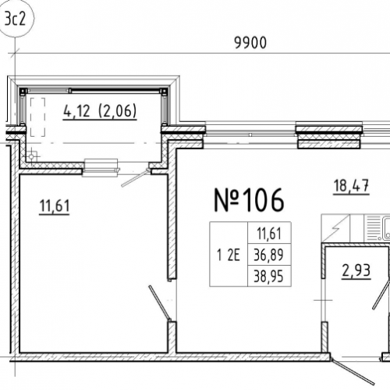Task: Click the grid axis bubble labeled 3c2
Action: (16, 19)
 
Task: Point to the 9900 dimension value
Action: (250, 43)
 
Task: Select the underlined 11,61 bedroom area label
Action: (55, 206)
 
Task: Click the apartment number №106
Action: (249, 200)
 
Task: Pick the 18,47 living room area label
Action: (351, 187)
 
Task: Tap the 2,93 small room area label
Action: (356, 271)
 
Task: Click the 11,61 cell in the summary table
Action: (269, 233)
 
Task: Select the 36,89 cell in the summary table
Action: (269, 255)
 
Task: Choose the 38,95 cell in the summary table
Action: (269, 276)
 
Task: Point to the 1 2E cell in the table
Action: (229, 255)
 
